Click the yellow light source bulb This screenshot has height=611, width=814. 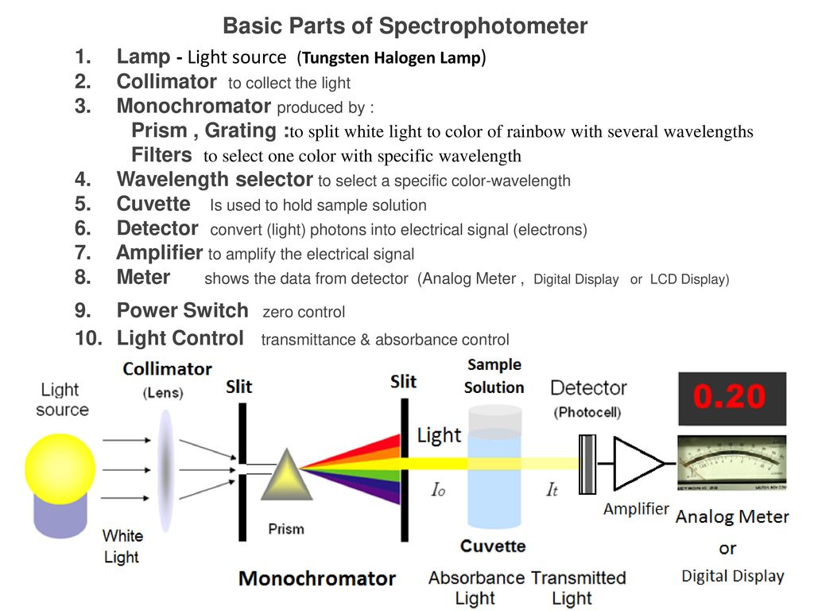click(x=60, y=469)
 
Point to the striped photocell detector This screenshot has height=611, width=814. click(x=588, y=464)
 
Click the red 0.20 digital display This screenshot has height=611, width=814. click(x=731, y=398)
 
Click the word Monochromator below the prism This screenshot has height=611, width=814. click(x=317, y=578)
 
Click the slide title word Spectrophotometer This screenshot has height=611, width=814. click(x=483, y=26)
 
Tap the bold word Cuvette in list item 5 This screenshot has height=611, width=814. click(x=153, y=204)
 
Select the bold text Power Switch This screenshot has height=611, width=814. click(x=182, y=310)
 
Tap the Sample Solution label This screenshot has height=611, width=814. click(x=494, y=376)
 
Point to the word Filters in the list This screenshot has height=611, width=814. click(x=161, y=154)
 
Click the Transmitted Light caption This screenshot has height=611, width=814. click(x=579, y=587)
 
